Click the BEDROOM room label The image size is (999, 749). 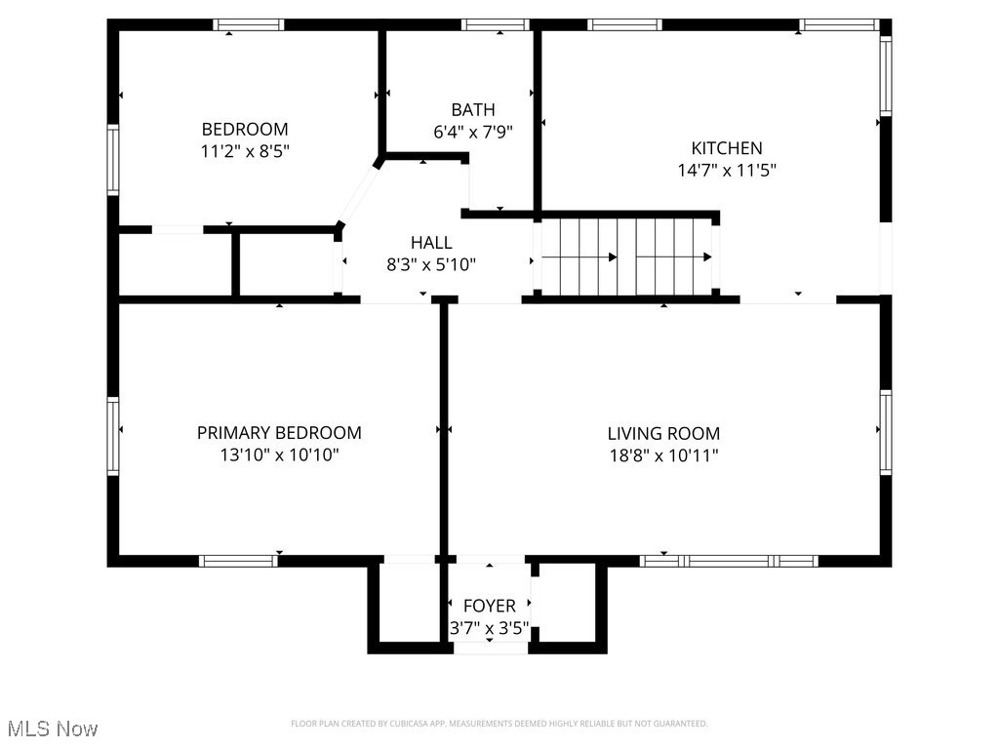pos(245,129)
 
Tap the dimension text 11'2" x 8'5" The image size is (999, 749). pos(245,151)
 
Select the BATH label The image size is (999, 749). pos(473,109)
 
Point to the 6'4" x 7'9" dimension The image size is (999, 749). pos(473,131)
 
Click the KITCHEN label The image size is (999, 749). pos(727,148)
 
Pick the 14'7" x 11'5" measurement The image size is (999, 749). pos(727,170)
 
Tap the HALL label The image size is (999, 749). pos(431,242)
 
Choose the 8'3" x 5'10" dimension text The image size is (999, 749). pos(431,263)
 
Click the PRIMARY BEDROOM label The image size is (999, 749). pos(279,433)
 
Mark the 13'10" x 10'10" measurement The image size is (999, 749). pos(279,454)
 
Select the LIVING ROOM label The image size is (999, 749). pos(663,433)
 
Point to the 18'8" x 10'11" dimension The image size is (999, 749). pos(663,454)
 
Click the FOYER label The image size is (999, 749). pos(489,607)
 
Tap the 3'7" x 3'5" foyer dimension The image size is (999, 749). pos(489,628)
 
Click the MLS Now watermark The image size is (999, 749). pos(52,729)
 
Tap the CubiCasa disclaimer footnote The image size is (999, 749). pos(499,724)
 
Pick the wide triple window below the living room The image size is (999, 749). pos(729,561)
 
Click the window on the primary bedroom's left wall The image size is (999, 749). pos(113,435)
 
